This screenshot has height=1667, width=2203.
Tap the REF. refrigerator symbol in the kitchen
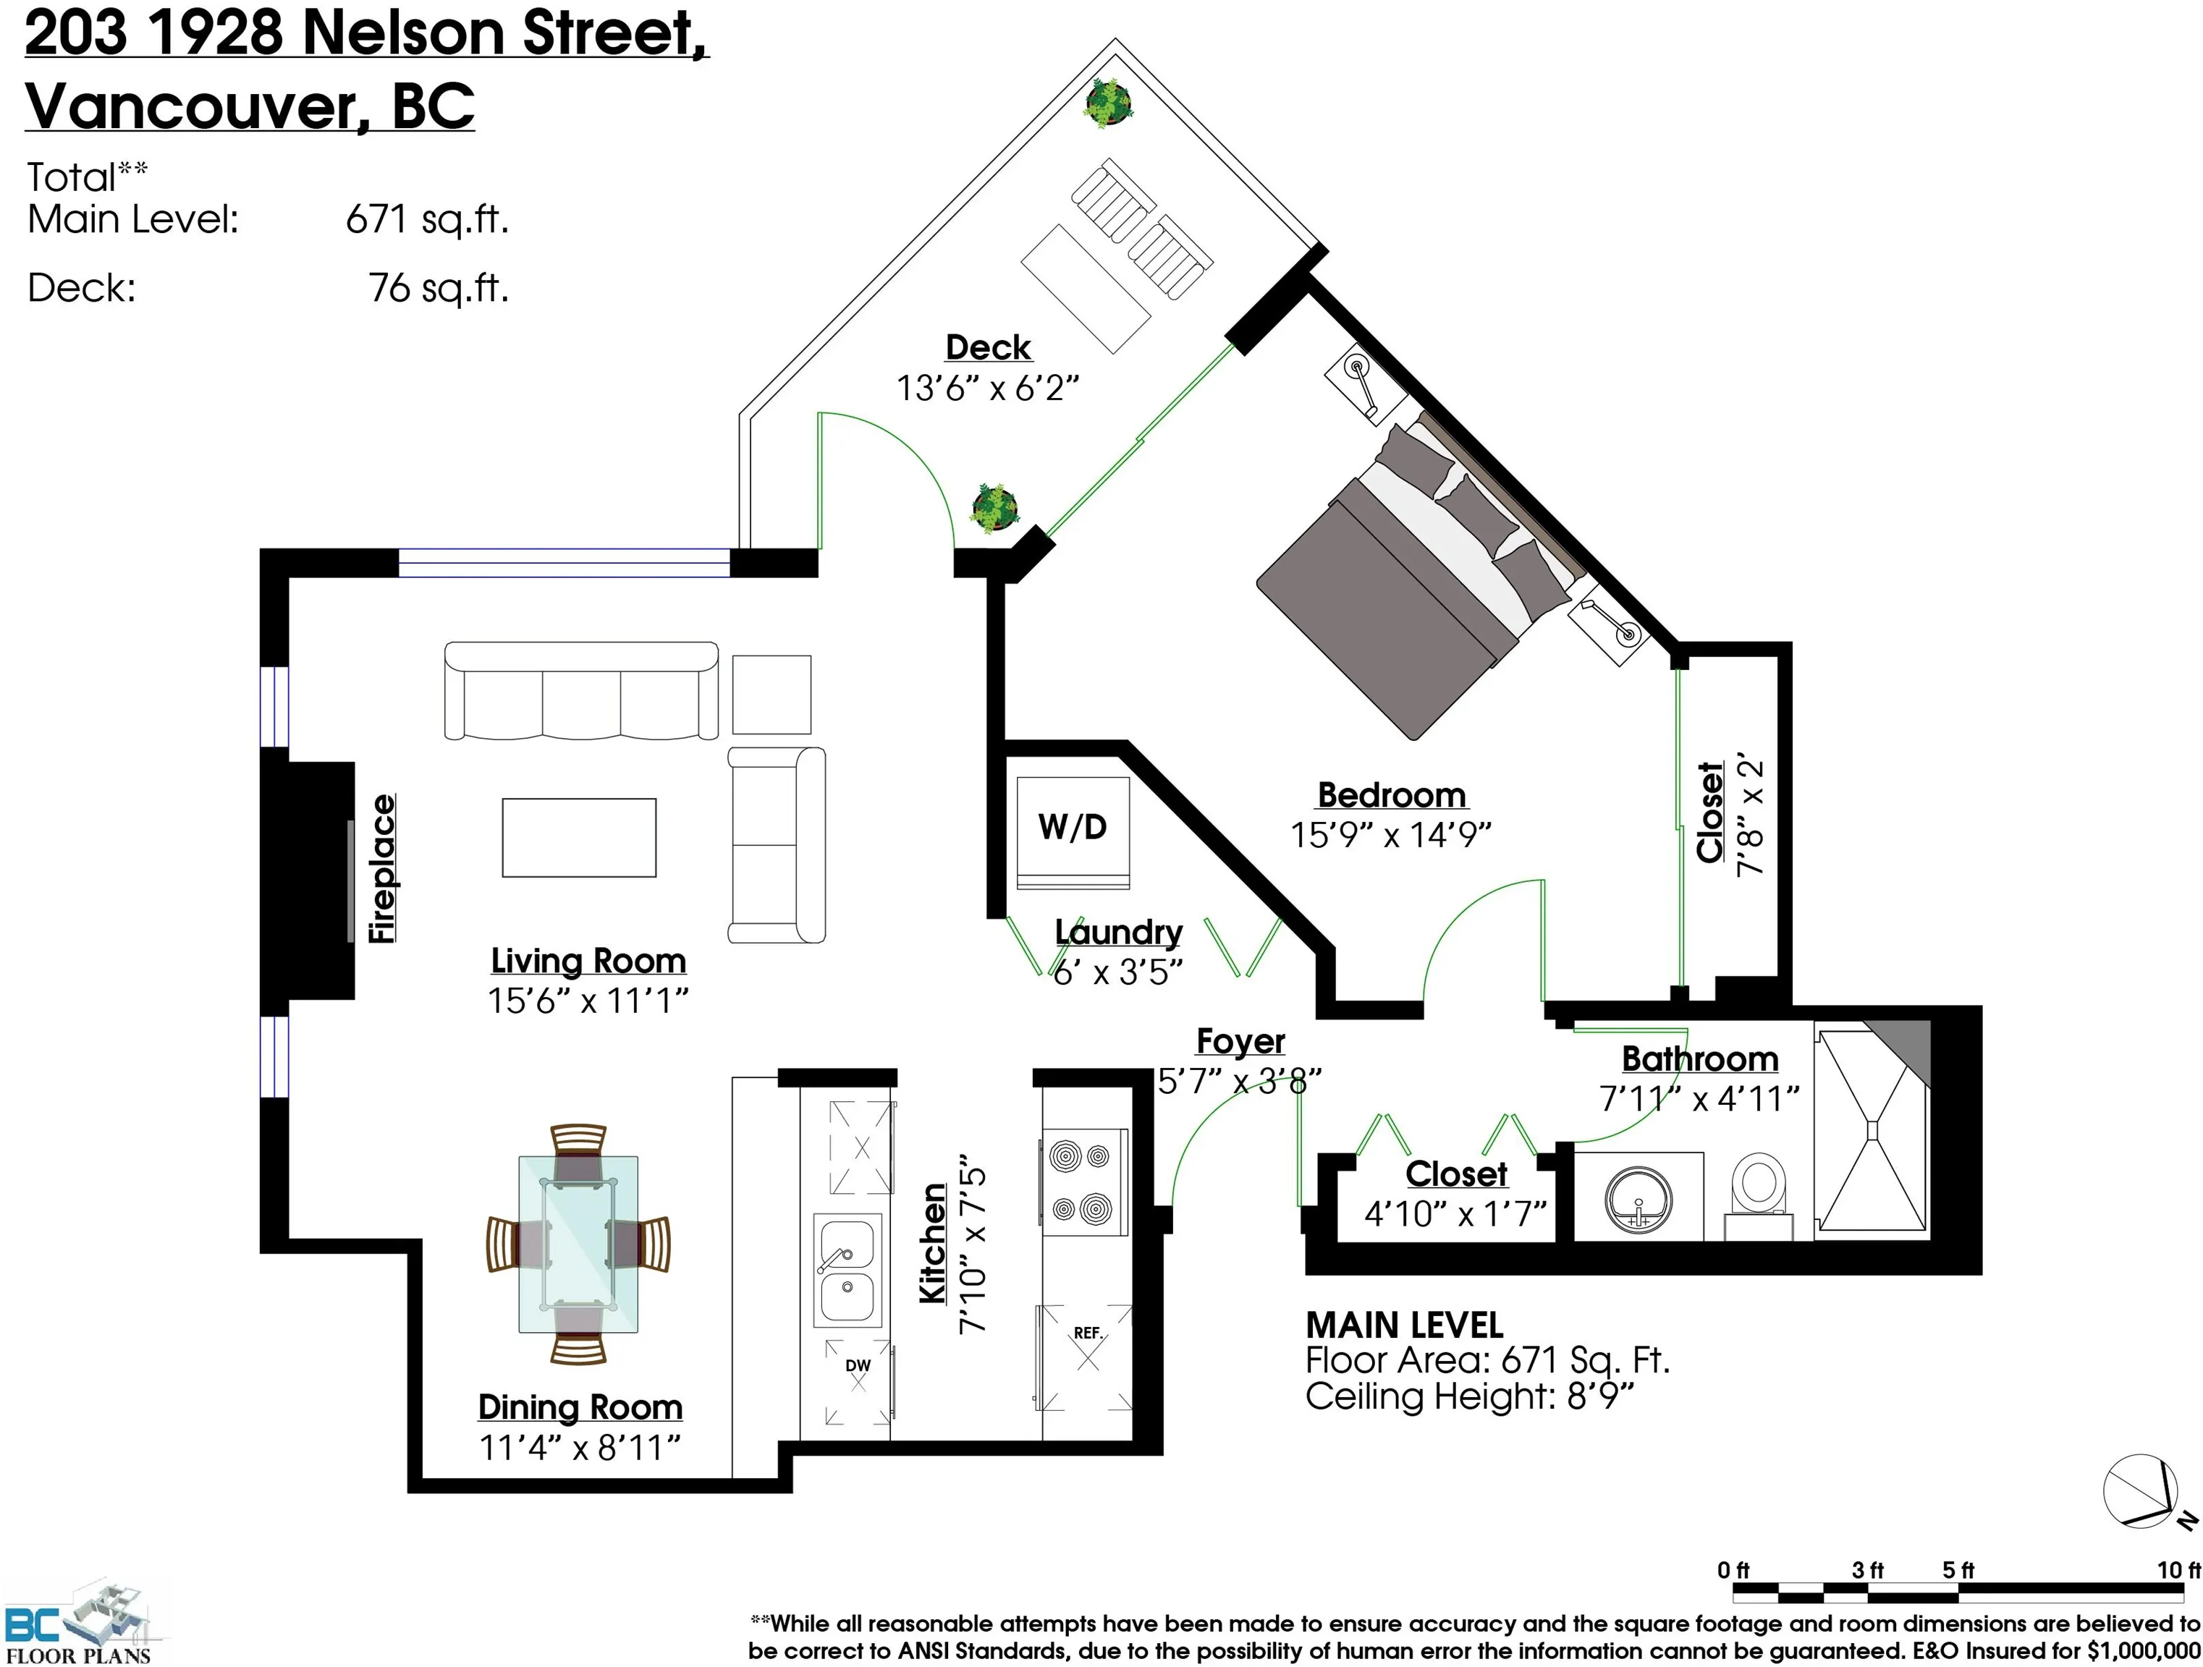pos(1086,1357)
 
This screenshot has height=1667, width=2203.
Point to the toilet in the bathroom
pos(1759,1196)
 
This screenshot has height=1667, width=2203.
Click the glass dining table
pos(578,1244)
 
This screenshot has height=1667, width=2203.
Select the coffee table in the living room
pos(579,838)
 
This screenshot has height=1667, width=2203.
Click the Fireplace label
pos(382,868)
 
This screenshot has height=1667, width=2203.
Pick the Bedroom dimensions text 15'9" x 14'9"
pos(1390,834)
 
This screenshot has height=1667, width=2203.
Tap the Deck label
pos(988,347)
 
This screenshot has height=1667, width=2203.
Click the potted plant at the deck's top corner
pos(1107,103)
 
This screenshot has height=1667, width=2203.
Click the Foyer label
pos(1240,1042)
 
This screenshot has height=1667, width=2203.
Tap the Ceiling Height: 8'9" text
pos(1470,1396)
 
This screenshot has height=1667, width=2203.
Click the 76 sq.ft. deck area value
pos(438,289)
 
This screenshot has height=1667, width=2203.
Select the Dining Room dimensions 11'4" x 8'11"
pos(580,1447)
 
